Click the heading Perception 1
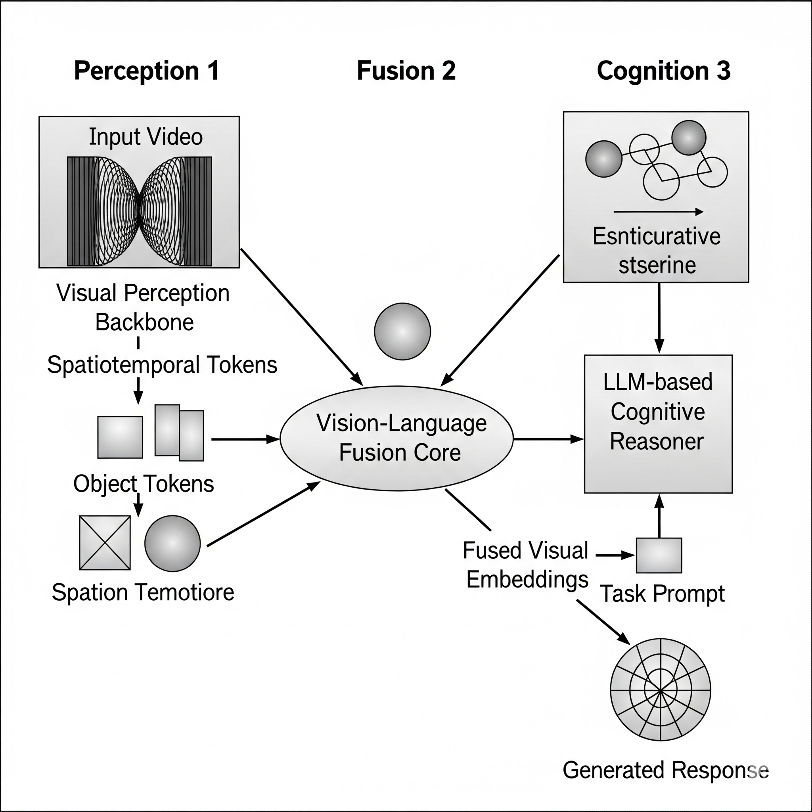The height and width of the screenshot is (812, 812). pos(147,71)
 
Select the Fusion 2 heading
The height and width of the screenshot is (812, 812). pos(406,71)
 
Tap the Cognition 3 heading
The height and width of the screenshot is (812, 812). pos(664,71)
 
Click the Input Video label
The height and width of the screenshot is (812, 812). pos(146,137)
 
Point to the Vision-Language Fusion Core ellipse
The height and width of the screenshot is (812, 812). pos(396,439)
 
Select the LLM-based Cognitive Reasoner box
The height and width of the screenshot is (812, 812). pos(658,424)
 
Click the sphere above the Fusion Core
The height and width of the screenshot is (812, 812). pos(402,331)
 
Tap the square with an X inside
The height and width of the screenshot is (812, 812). pos(105,543)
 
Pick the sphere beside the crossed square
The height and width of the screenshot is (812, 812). pos(172,543)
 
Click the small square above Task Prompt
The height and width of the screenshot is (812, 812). pos(659,555)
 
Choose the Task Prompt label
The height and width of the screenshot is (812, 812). pos(663,594)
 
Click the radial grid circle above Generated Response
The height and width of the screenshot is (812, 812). pos(660,690)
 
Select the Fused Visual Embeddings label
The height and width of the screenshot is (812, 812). pos(526,565)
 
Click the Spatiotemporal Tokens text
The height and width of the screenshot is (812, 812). pos(162,364)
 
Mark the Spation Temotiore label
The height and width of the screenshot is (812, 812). pos(143,592)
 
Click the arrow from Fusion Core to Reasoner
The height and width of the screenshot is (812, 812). pos(548,439)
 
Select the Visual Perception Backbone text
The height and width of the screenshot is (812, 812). pos(143,308)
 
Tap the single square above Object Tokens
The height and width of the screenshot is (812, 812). pos(120,437)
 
